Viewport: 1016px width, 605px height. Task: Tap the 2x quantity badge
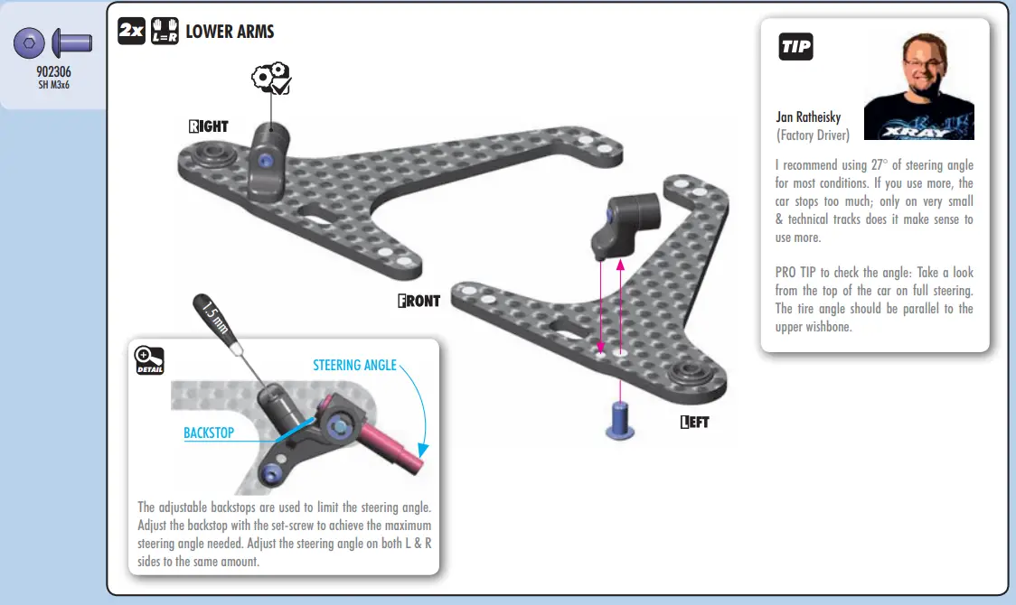coord(131,32)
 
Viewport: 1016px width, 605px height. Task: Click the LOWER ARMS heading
coord(230,32)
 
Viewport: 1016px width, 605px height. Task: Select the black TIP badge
coord(795,47)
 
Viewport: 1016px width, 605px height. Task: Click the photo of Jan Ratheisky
coord(918,86)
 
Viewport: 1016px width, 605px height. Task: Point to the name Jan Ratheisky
coord(808,117)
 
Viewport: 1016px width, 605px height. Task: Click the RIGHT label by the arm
coord(209,126)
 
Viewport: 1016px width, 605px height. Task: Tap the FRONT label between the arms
coord(419,301)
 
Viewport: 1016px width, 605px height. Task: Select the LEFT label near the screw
coord(694,421)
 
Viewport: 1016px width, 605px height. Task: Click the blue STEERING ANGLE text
coord(354,365)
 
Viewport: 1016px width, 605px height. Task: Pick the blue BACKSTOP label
coord(209,433)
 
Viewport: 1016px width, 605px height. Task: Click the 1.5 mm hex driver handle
coord(214,319)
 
